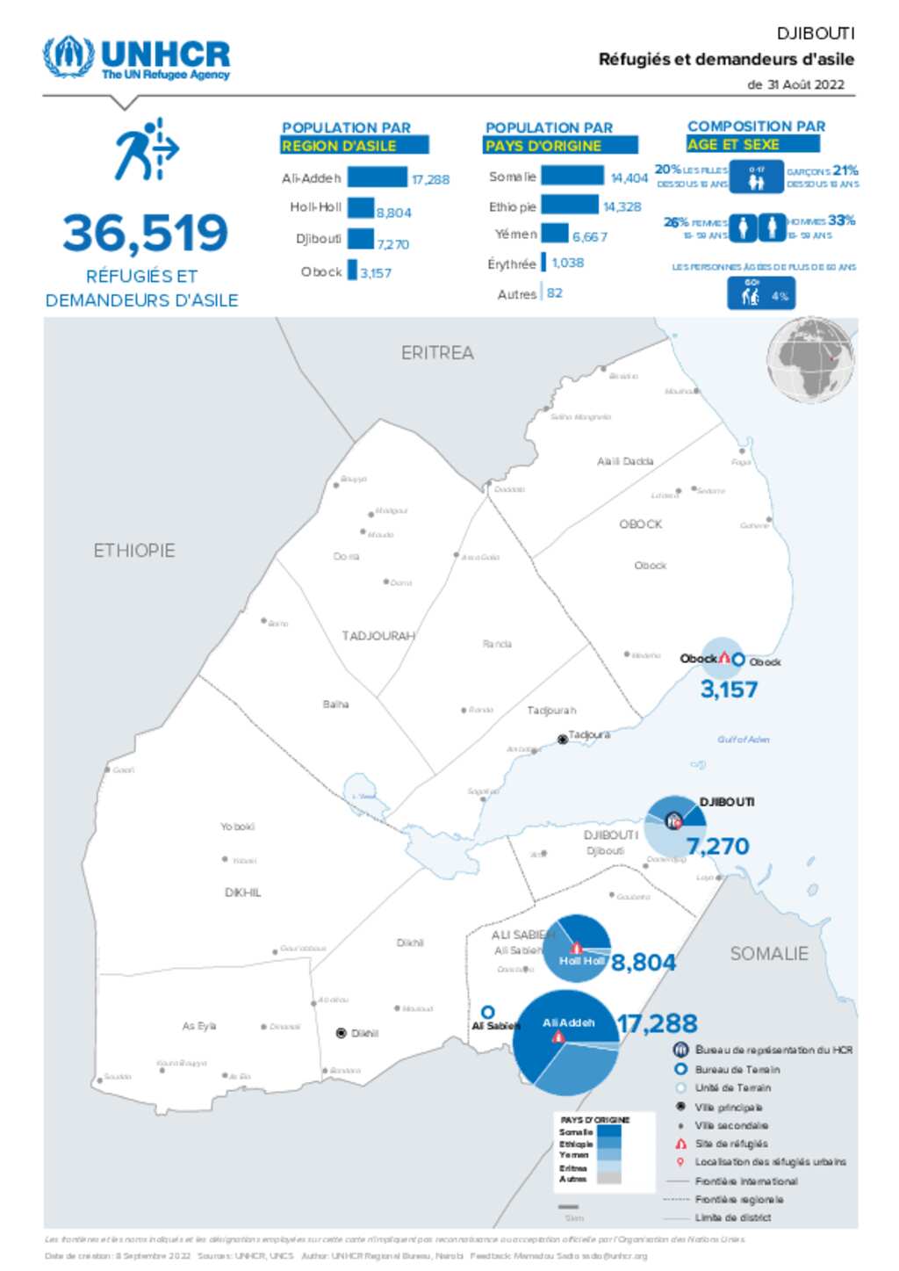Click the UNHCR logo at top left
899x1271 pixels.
(x=136, y=58)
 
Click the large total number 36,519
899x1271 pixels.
(x=145, y=234)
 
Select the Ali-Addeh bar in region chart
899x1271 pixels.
(x=377, y=177)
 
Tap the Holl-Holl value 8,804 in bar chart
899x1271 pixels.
(x=393, y=213)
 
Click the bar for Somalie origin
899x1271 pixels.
(x=572, y=176)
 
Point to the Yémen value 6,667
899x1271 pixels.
(x=589, y=236)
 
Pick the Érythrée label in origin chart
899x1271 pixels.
(x=511, y=264)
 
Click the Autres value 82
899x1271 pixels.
(x=554, y=293)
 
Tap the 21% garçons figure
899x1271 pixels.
(x=845, y=170)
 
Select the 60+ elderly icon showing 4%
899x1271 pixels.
(x=760, y=293)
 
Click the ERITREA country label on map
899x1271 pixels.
(x=437, y=353)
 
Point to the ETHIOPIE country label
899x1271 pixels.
(x=134, y=551)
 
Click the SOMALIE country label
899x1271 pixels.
(x=769, y=953)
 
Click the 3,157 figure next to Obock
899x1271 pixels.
(x=729, y=690)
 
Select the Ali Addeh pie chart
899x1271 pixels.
(x=565, y=1043)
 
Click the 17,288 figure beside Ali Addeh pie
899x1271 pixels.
(x=657, y=1023)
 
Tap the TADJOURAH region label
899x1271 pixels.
(x=378, y=635)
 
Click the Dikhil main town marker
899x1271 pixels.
(x=342, y=1033)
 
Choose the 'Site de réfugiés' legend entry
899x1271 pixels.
(x=730, y=1144)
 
